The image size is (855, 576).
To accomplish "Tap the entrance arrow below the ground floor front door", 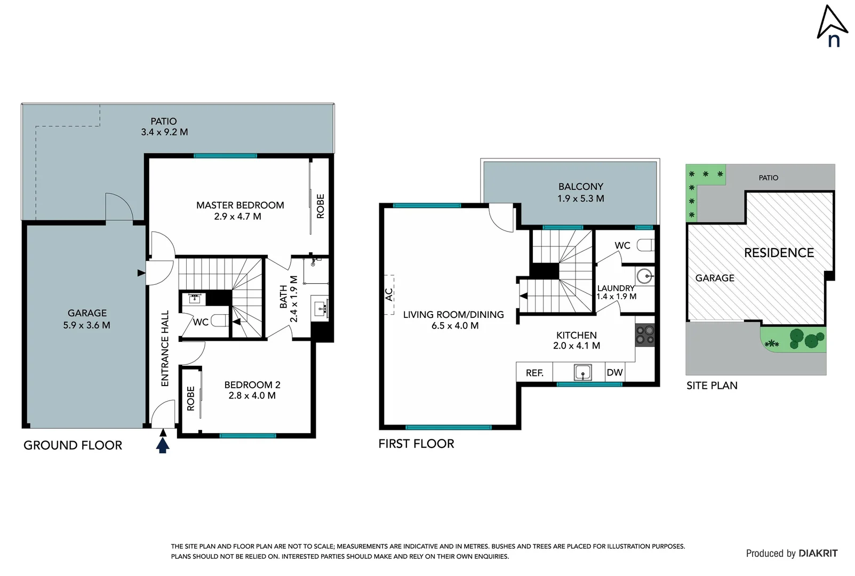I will click(x=163, y=445).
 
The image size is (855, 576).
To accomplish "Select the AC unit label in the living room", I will click(x=389, y=294).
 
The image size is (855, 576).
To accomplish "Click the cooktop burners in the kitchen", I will click(x=644, y=335).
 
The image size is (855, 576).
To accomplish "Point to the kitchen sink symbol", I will click(x=582, y=372).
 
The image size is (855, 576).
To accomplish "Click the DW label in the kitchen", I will click(x=614, y=372).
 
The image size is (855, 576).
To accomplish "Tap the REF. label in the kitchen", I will click(x=534, y=373).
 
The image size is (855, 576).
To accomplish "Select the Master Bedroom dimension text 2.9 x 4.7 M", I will click(x=237, y=217).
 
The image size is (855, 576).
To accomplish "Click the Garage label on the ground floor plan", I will click(x=87, y=313).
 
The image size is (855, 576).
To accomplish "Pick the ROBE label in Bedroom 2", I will click(x=190, y=398).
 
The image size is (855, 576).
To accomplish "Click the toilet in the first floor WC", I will click(x=645, y=245).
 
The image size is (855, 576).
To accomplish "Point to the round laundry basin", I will click(x=645, y=276).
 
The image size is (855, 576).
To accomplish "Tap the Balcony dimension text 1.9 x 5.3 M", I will click(x=581, y=198).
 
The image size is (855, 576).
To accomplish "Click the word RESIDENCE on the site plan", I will click(x=779, y=253).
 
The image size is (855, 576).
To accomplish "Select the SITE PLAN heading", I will click(x=712, y=386).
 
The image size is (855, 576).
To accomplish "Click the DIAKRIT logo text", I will click(x=818, y=554).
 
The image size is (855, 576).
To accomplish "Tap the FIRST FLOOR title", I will click(x=416, y=444).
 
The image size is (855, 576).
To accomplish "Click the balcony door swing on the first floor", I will click(x=501, y=217).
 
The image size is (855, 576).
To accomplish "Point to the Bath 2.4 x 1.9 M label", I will click(x=289, y=299).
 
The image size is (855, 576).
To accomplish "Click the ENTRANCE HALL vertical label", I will click(x=165, y=348).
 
